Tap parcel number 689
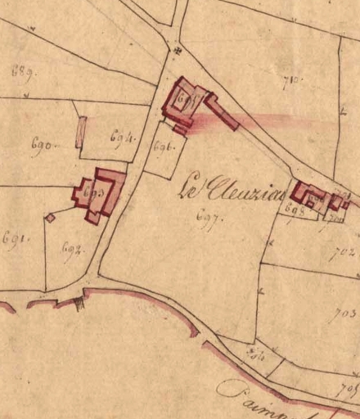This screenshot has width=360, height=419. (22, 71)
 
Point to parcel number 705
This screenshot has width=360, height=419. (348, 387)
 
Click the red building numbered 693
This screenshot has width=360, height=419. (97, 195)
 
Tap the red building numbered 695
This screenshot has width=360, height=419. (186, 102)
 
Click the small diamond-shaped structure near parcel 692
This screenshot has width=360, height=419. (50, 218)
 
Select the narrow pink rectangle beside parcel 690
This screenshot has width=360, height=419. (80, 133)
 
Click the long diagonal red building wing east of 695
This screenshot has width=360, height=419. (222, 113)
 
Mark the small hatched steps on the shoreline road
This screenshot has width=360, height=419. (79, 303)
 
